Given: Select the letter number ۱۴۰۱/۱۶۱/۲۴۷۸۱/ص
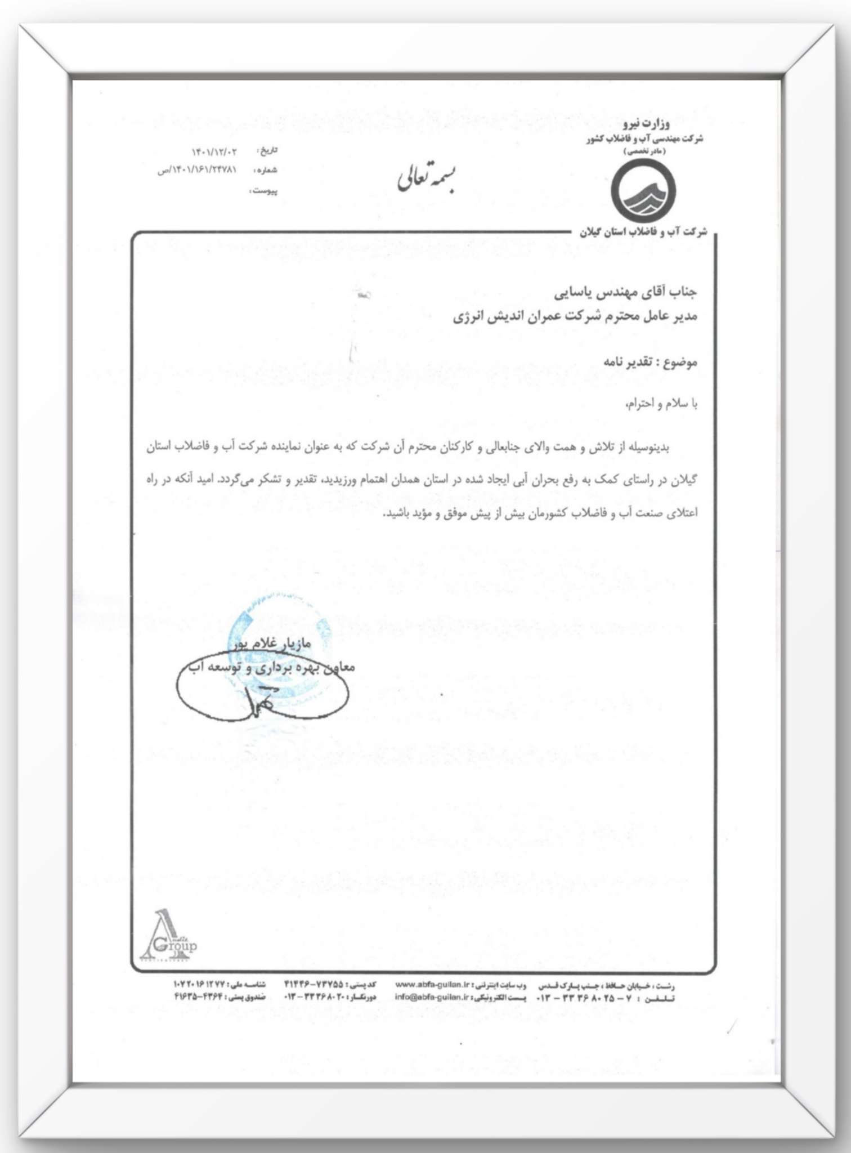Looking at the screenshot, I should pos(198,170).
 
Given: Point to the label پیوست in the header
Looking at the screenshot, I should pos(263,191).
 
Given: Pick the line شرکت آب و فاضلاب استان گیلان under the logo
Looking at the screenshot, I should pos(643,232).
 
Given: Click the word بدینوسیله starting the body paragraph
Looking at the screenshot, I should pos(652,448).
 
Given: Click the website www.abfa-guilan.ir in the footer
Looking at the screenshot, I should pos(432,985).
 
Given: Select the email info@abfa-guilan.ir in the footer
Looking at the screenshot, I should pos(431,997).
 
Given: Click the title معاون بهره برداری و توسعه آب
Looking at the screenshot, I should pos(268,668).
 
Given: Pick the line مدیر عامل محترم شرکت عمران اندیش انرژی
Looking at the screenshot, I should pos(575,316).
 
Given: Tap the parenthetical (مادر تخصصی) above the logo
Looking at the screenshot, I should pos(645,151).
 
